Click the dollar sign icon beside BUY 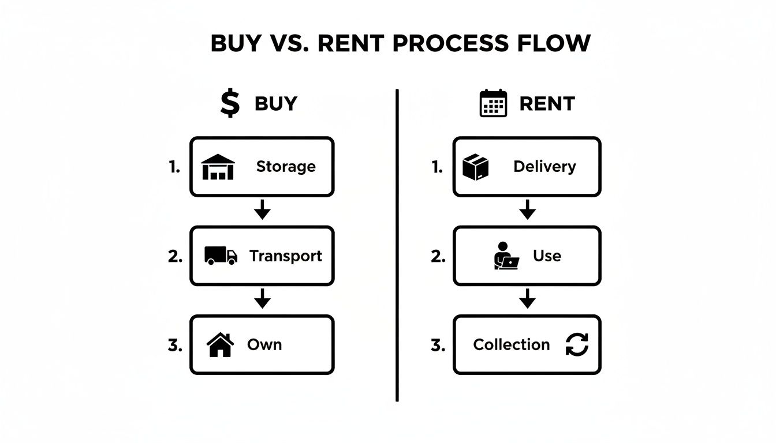230,103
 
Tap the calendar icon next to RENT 493,103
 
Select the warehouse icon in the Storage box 218,167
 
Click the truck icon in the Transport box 221,256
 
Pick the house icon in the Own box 220,345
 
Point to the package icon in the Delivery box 476,167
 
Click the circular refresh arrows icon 576,345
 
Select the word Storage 286,167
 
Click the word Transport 286,256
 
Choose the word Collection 511,345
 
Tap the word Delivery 544,167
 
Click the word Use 547,256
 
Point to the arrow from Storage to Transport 262,211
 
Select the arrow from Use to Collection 527,299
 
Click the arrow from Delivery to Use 527,211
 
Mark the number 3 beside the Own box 175,346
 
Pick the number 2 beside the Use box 438,257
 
